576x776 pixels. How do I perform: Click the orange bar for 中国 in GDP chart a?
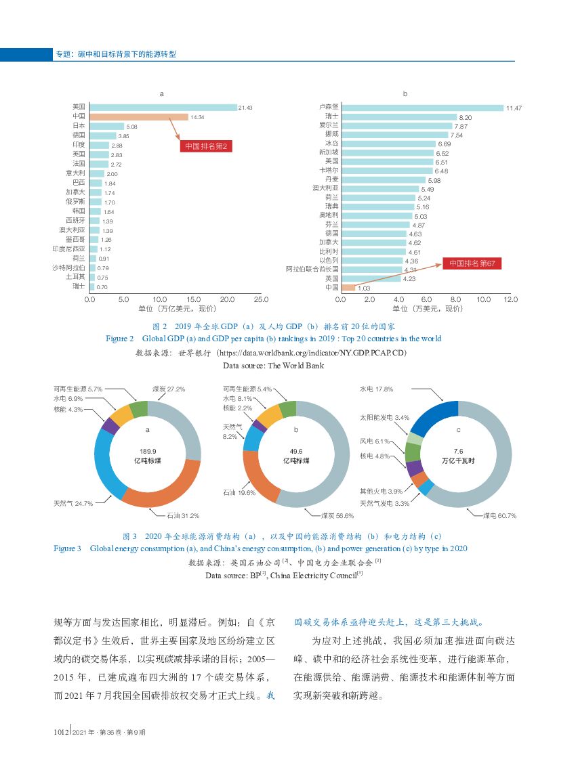coord(139,117)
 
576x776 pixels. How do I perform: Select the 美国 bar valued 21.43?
coord(163,108)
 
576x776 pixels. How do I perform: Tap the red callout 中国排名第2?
coord(209,146)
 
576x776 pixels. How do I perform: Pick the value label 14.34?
coord(197,117)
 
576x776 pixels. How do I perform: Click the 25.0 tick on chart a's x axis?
coord(261,299)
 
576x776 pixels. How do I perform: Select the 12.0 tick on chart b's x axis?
coord(511,299)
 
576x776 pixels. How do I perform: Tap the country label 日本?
coord(79,126)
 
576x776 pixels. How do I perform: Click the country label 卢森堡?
coord(329,107)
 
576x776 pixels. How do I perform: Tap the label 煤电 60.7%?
coord(500,515)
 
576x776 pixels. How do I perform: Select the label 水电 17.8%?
coord(376,389)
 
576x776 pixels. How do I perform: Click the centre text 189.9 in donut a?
coord(148,451)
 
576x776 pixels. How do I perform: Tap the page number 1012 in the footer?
coord(62,732)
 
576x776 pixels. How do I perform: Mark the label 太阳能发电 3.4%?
coord(385,417)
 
